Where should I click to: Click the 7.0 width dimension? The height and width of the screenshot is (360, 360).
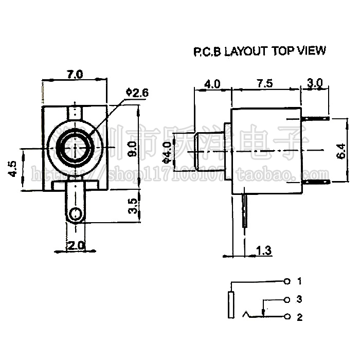(x=75, y=74)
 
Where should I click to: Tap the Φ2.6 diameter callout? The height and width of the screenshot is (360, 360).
(x=136, y=93)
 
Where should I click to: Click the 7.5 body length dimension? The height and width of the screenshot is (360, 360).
(x=266, y=83)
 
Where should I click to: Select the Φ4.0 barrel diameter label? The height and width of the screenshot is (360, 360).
(x=166, y=153)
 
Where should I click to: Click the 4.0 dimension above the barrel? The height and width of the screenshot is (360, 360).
(x=212, y=83)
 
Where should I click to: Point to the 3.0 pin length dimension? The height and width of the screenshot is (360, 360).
(x=314, y=82)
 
